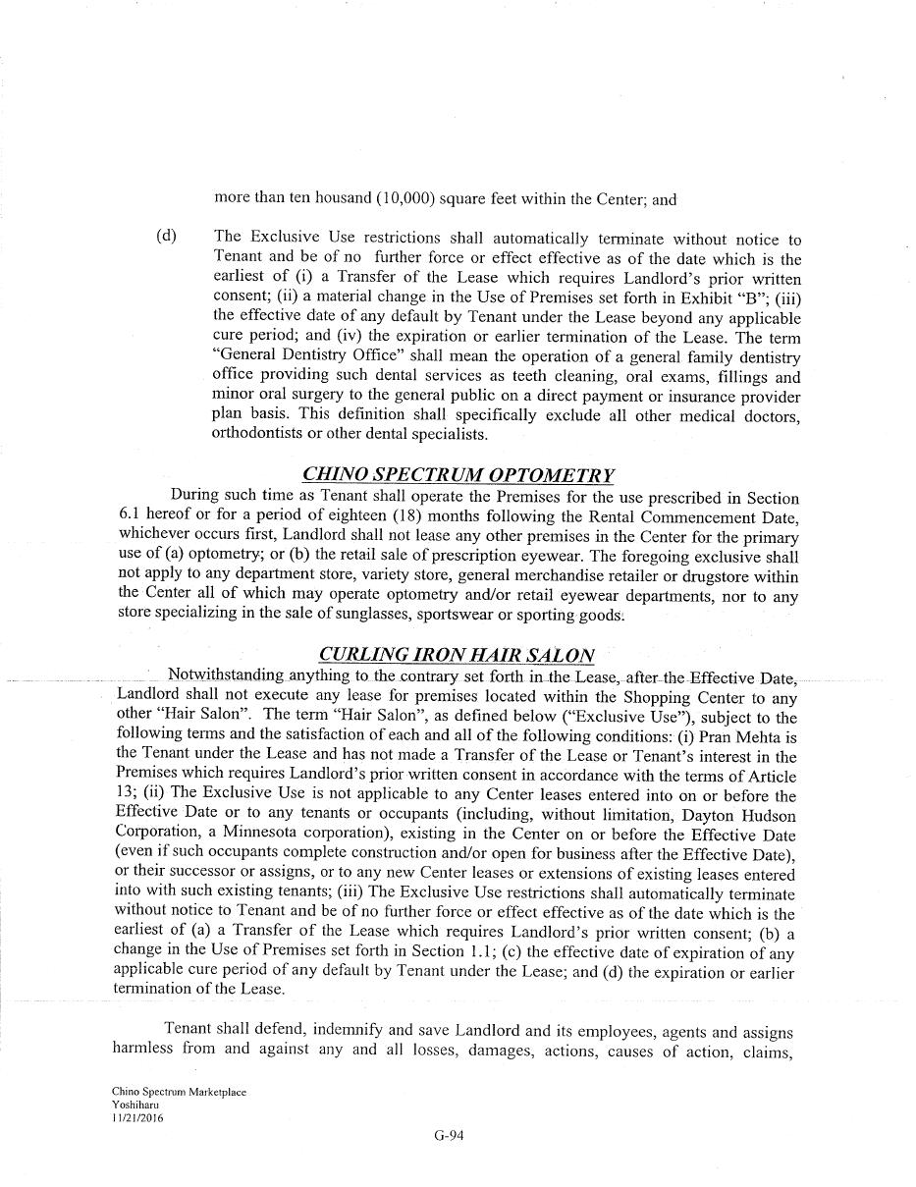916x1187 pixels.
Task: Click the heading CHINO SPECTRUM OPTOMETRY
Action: point(458,476)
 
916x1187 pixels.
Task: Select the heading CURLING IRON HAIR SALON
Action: point(457,655)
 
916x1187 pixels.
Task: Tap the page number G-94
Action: point(449,1136)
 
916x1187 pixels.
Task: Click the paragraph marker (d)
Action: point(166,237)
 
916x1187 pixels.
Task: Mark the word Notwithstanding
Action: point(226,675)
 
